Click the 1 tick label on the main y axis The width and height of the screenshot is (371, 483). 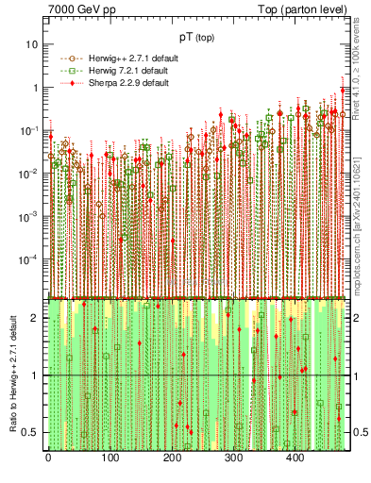coord(34,88)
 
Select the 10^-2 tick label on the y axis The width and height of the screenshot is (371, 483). coord(27,173)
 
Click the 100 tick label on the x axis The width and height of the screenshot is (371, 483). coord(110,459)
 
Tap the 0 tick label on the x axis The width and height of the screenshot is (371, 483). coord(48,459)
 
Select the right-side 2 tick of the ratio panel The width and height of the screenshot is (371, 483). coord(357,318)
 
